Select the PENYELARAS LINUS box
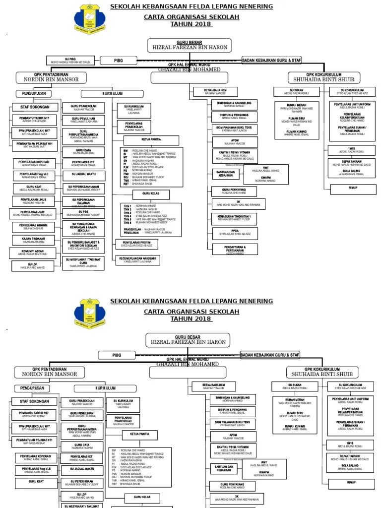point(33,201)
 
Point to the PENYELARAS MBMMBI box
point(33,227)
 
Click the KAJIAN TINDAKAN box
point(33,240)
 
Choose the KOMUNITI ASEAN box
point(33,253)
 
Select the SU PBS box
point(83,213)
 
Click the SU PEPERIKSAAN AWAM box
point(83,188)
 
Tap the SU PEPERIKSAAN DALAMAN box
point(83,200)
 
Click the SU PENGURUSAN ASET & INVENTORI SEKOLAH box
point(83,245)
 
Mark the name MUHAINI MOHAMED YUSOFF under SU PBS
point(83,215)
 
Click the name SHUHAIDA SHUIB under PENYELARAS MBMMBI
point(33,229)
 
